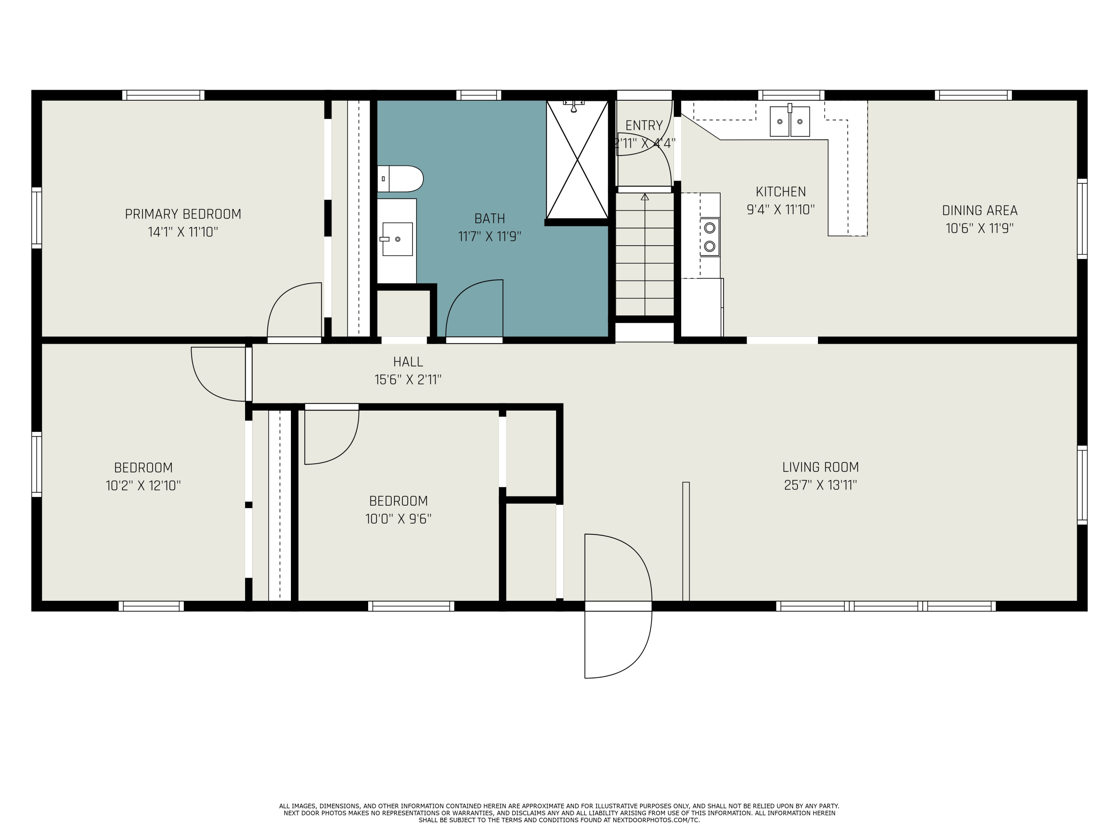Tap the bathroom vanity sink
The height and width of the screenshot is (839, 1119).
397,239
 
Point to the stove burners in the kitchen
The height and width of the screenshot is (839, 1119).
710,237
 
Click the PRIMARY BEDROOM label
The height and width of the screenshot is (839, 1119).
183,214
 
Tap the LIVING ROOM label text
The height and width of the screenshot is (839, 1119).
821,467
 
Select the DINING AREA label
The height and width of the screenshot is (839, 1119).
980,210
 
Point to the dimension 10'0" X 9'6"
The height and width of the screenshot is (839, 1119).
399,519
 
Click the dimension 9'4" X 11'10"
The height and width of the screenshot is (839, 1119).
781,209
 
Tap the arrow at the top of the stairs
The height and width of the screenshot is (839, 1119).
645,197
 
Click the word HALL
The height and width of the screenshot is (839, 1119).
408,362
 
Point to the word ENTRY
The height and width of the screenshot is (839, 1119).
644,125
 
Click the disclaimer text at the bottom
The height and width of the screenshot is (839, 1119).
559,813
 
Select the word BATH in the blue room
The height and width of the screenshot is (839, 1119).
490,219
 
